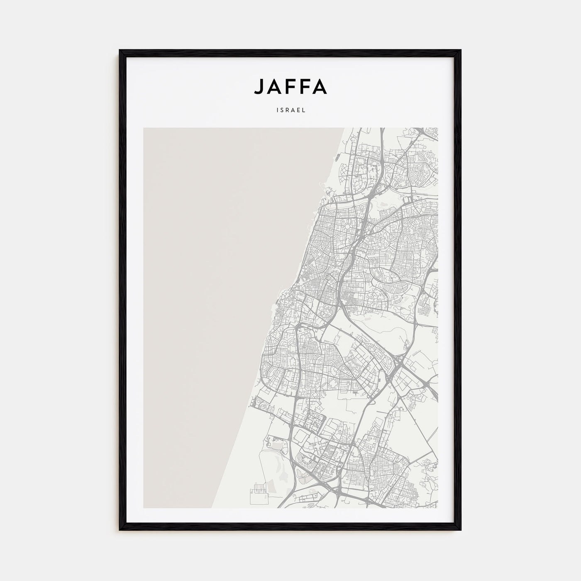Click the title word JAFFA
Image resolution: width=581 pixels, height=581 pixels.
pos(290,86)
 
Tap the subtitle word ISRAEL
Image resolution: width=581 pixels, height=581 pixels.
pos(290,111)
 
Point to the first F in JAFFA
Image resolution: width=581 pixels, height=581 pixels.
pos(290,86)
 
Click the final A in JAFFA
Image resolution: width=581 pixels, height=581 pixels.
pos(321,86)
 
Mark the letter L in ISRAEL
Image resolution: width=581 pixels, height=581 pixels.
pos(304,111)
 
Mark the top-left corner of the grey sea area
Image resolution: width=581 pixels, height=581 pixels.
pos(144,128)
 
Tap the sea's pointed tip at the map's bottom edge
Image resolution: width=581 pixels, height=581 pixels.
pos(212,508)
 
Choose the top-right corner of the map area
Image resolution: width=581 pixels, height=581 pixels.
pos(437,128)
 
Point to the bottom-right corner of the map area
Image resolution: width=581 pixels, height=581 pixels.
pos(437,508)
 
